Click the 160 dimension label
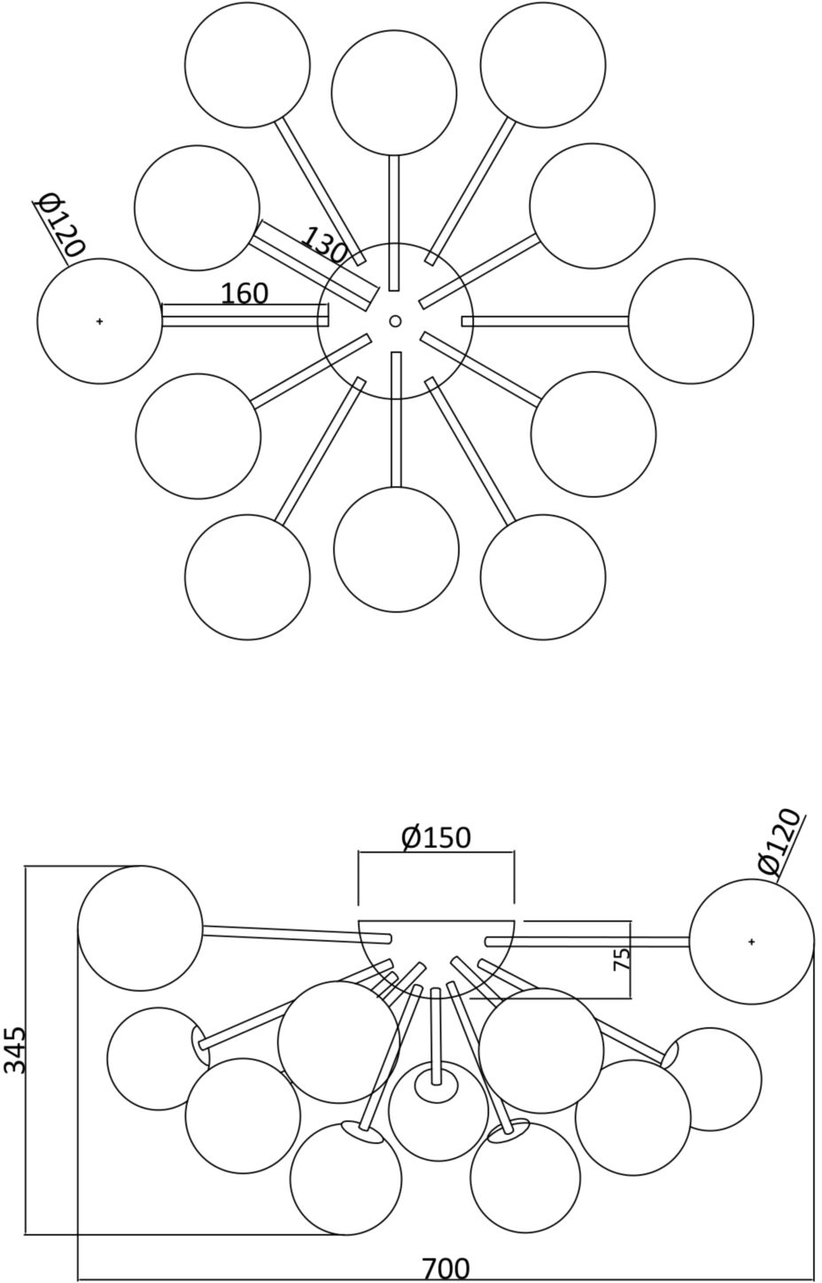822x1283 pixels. click(244, 292)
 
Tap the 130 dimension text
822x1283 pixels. click(325, 245)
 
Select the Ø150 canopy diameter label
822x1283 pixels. click(436, 836)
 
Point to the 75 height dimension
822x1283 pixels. click(623, 959)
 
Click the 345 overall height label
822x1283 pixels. click(15, 1050)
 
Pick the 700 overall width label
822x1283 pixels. click(445, 1269)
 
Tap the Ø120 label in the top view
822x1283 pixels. click(60, 225)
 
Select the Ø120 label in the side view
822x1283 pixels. click(779, 843)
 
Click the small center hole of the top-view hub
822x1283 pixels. click(395, 321)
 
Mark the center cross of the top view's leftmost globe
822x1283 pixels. click(99, 321)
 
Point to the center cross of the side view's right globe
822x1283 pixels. click(751, 942)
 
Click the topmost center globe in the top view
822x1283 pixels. click(394, 92)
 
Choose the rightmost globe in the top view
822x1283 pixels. click(691, 321)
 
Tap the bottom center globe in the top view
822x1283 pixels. click(396, 549)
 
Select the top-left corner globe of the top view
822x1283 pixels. click(247, 65)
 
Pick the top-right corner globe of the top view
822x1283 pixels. click(543, 65)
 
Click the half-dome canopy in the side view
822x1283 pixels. click(436, 953)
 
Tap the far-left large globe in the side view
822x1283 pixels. click(140, 928)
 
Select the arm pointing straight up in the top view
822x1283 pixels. click(394, 222)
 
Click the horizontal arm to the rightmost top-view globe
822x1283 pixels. click(545, 321)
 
